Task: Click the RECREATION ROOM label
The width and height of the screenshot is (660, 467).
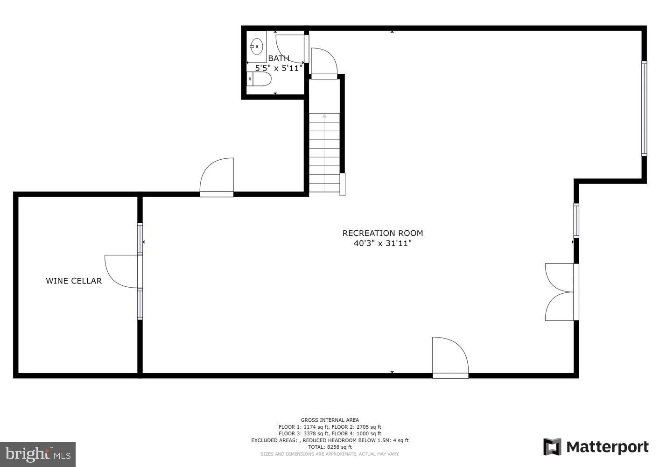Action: point(383,233)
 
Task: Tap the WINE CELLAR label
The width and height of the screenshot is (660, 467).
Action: point(74,281)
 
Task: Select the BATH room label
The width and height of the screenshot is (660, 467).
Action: point(279,58)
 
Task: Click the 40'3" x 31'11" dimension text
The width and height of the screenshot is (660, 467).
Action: point(383,243)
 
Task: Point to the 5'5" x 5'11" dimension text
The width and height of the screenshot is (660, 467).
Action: point(279,68)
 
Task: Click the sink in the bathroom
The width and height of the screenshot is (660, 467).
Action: point(256,46)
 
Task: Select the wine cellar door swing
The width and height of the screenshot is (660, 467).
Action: point(122,271)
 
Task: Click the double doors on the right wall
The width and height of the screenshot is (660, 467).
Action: point(560,292)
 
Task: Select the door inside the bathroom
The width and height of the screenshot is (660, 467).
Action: point(289,48)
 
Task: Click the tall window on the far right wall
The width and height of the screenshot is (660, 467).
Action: point(644,108)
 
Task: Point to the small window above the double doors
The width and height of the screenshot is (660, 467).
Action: point(576,220)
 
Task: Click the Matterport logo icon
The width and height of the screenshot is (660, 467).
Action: point(552,447)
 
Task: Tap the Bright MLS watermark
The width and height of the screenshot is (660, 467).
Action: point(37,454)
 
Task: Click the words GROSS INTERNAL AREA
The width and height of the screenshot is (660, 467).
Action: point(330,420)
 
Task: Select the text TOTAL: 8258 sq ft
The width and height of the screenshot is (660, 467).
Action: point(330,447)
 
